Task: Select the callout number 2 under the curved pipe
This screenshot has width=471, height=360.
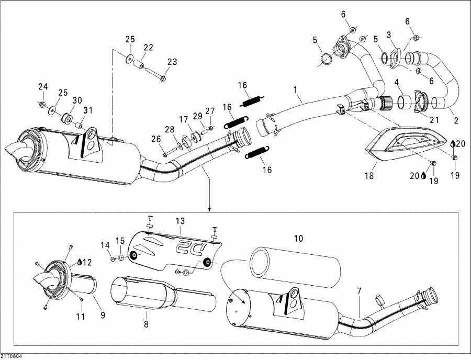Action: point(456,120)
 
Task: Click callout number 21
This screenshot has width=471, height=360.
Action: point(434,120)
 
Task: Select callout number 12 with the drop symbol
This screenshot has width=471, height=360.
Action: point(86,262)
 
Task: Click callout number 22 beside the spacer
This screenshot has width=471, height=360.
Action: point(148,48)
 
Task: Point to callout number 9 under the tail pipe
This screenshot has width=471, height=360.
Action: point(103,316)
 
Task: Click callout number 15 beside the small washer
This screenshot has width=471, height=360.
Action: point(120,241)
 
